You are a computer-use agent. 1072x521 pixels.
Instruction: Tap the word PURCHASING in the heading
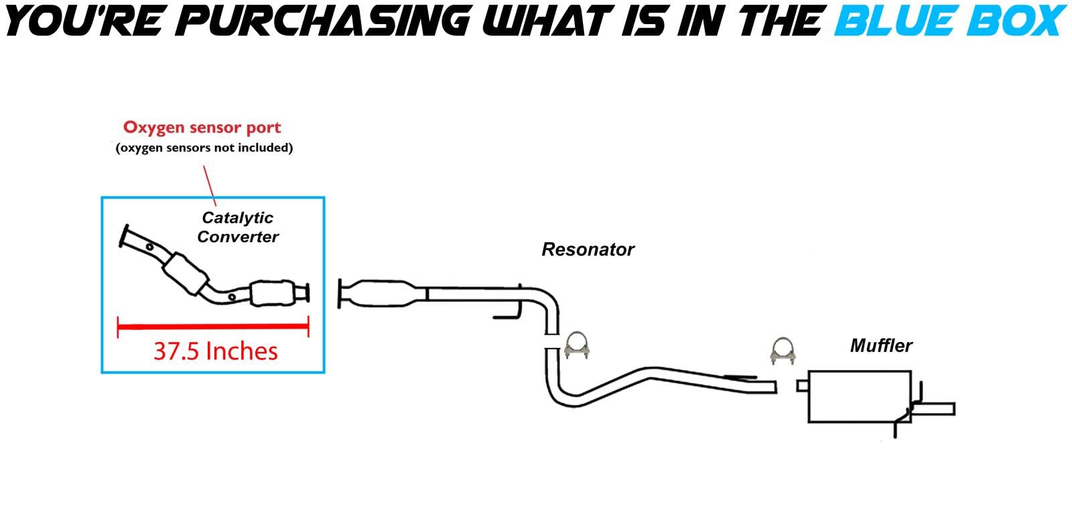coord(325,20)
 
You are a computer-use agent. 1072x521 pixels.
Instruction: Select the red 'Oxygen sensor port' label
coord(202,127)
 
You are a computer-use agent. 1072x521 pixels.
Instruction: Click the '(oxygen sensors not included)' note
coord(204,148)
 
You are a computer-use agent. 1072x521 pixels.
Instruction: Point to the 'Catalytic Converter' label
coord(238,227)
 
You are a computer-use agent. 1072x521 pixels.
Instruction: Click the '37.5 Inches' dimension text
coord(215,351)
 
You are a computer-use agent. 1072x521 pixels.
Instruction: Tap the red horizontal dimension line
coord(213,327)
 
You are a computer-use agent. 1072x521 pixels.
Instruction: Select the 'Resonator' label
coord(588,249)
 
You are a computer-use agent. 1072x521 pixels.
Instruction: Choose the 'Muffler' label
coord(881,346)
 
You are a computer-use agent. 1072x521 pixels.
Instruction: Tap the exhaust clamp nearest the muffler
coord(782,351)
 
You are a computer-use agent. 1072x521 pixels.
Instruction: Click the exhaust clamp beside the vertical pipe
coord(576,345)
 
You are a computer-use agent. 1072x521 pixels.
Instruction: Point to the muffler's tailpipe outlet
coord(938,408)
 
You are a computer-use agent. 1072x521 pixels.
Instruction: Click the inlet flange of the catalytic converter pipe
coord(125,239)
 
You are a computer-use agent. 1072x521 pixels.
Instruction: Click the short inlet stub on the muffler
coord(802,386)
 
